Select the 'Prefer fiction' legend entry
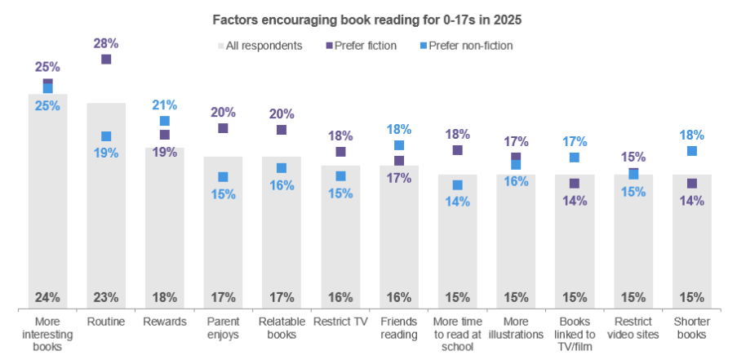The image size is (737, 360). click(360, 46)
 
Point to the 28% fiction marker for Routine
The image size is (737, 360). click(106, 59)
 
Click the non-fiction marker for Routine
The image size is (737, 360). click(106, 136)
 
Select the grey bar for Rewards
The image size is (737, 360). click(165, 229)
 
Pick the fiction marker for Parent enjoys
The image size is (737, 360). click(223, 128)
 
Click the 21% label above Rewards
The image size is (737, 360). click(165, 104)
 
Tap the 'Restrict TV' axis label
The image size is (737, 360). click(340, 322)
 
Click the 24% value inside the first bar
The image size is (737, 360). click(47, 296)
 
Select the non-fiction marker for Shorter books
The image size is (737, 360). click(692, 151)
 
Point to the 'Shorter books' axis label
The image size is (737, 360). click(692, 327)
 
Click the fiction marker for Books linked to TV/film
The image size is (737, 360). click(575, 184)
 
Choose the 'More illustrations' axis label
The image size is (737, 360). click(516, 327)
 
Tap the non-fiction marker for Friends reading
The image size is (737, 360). click(399, 145)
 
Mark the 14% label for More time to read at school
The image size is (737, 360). click(457, 202)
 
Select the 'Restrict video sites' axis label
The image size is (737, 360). click(633, 327)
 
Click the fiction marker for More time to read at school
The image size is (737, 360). click(457, 150)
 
